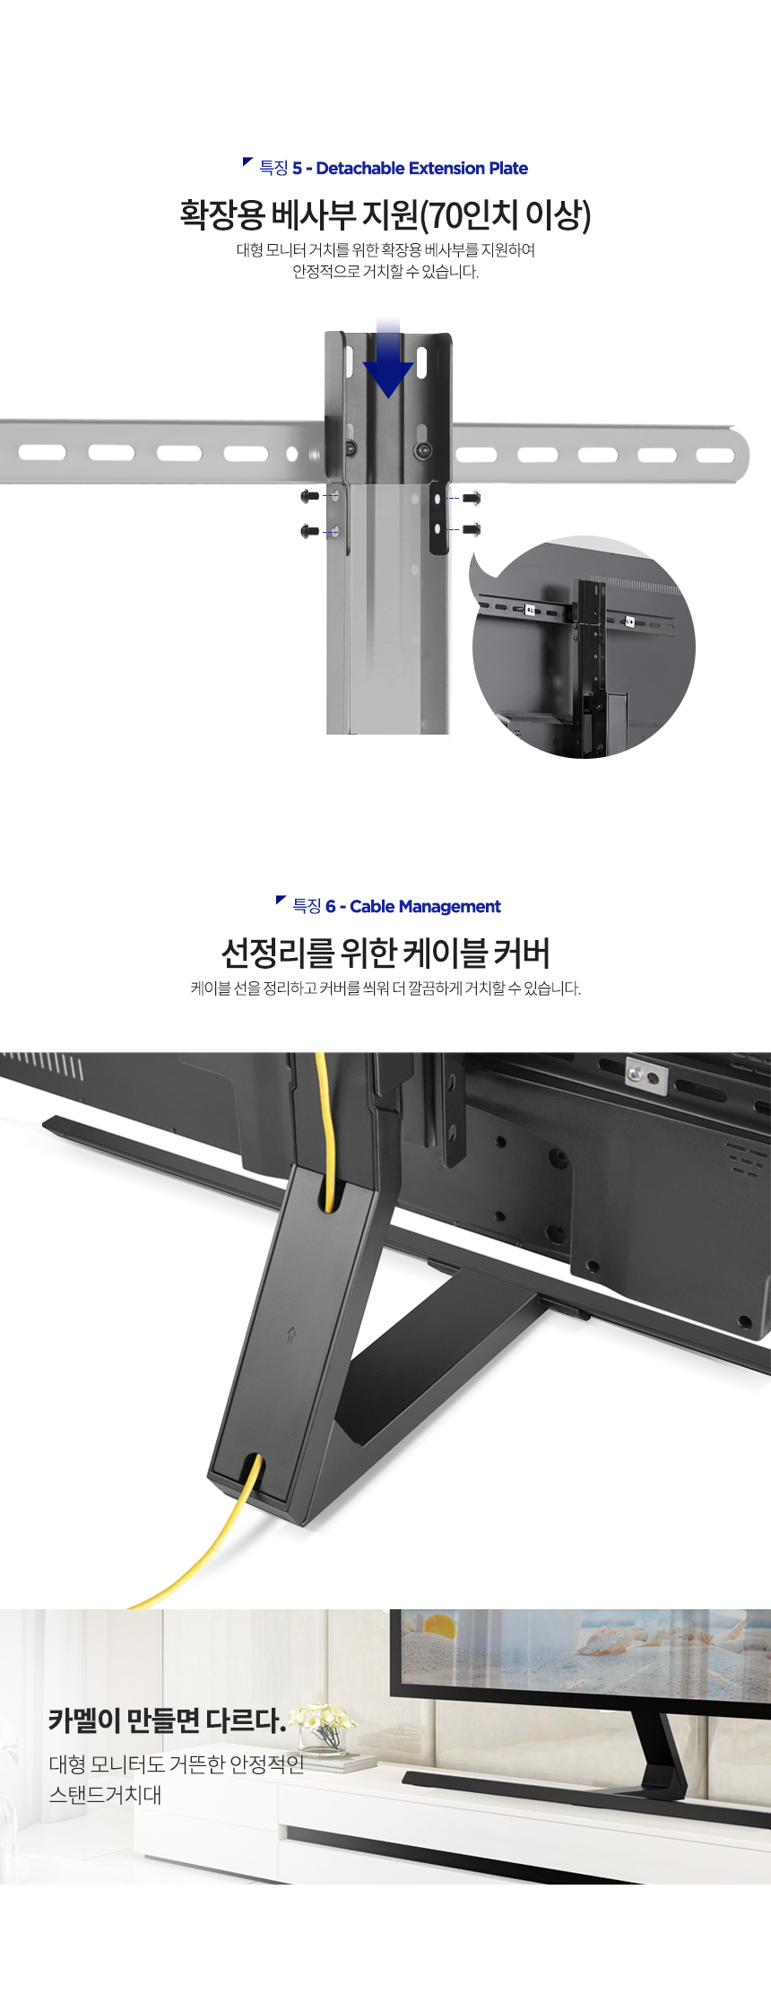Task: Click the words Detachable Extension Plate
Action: coord(421,169)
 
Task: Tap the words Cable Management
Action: coord(425,907)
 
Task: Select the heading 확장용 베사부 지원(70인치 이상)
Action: coord(385,215)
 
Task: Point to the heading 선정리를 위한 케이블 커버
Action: coord(385,953)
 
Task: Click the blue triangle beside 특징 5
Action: coord(247,162)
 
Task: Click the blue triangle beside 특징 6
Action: coord(281,901)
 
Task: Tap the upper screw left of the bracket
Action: coord(310,496)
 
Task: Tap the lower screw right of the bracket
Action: coord(472,530)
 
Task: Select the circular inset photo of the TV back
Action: coord(584,648)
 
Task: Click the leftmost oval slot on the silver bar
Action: coord(42,453)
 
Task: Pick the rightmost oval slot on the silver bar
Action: coord(715,455)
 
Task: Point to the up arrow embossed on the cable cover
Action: coord(291,1336)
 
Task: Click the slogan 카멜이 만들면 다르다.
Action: coord(167,1720)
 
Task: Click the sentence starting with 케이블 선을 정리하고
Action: coord(385,988)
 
